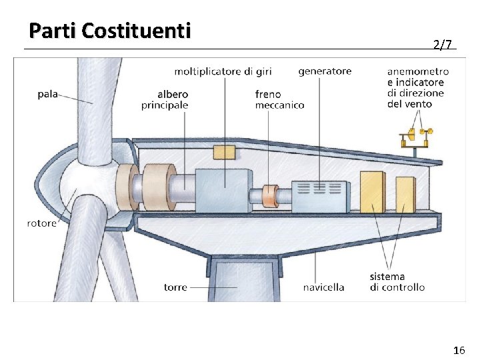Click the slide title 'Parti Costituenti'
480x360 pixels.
pos(110,31)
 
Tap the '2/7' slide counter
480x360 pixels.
pos(442,45)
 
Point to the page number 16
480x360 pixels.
pos(459,350)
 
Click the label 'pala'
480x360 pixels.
pos(47,94)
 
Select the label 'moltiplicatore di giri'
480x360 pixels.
pos(223,71)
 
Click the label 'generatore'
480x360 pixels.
pos(325,71)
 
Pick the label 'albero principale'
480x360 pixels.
pos(165,100)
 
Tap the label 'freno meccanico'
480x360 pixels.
pos(279,100)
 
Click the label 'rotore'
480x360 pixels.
pos(42,223)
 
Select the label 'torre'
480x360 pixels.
pos(175,287)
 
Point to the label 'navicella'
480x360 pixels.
pos(323,287)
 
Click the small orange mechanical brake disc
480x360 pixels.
pos(270,196)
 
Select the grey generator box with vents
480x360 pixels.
pos(322,195)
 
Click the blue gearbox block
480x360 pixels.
pos(223,190)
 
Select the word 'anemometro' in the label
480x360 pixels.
pos(418,71)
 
